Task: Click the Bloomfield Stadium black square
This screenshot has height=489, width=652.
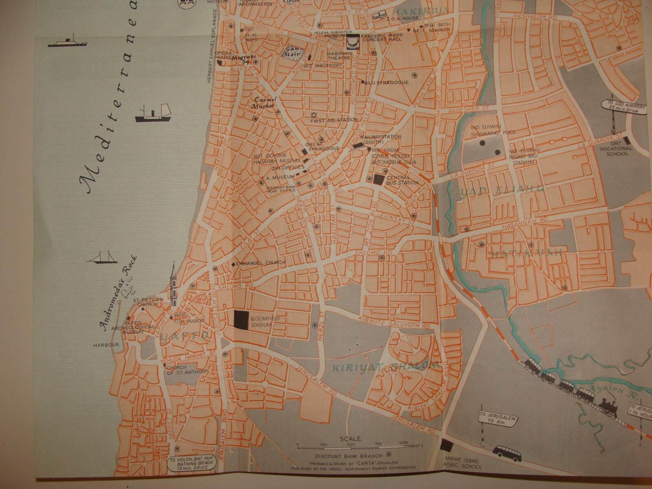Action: [x=240, y=319]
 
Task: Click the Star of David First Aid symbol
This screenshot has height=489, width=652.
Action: [x=314, y=115]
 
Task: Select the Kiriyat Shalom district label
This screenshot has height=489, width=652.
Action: [x=386, y=367]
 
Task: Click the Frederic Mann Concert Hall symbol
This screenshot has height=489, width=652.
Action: [x=352, y=42]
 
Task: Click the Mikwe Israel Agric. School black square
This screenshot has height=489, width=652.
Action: [x=447, y=445]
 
